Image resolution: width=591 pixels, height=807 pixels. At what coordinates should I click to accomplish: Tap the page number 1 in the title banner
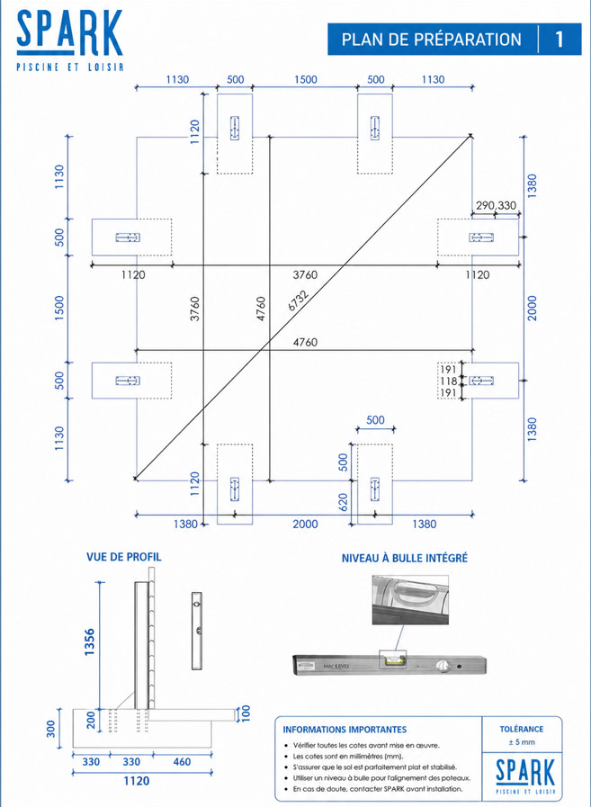click(560, 40)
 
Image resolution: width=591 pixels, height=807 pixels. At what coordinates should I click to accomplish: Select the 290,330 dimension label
click(496, 206)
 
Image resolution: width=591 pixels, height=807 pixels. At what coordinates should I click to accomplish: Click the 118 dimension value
click(449, 381)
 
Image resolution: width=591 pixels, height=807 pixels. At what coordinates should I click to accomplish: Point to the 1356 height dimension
click(90, 641)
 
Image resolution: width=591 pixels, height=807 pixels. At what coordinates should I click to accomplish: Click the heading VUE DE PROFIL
click(123, 557)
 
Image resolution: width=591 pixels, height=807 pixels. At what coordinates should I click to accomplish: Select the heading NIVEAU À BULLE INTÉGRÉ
click(405, 558)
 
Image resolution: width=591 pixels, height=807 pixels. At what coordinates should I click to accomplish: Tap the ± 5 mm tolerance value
click(522, 742)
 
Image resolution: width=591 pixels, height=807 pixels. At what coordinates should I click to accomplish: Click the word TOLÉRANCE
click(522, 730)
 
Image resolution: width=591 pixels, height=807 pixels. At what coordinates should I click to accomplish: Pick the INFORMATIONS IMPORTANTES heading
click(345, 730)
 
